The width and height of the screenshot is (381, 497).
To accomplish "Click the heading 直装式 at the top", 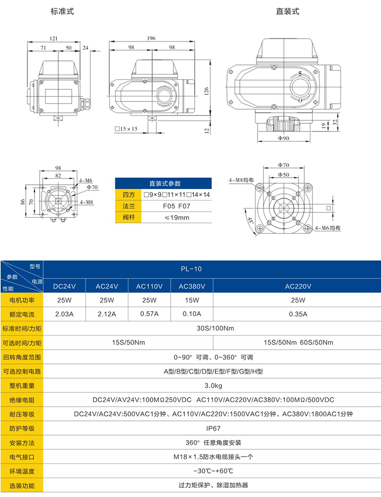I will point(287,11).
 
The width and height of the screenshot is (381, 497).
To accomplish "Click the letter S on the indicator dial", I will point(300,74).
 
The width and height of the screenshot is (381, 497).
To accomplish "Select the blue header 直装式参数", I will point(164,184).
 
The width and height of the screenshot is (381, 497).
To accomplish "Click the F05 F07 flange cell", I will point(176,206).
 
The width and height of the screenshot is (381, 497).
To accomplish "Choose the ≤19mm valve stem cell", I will point(176,218).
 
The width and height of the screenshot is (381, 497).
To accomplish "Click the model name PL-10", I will point(191,270).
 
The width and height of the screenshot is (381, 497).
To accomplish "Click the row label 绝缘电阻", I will point(22,400).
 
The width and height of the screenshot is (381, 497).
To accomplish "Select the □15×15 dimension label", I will point(126,129).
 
